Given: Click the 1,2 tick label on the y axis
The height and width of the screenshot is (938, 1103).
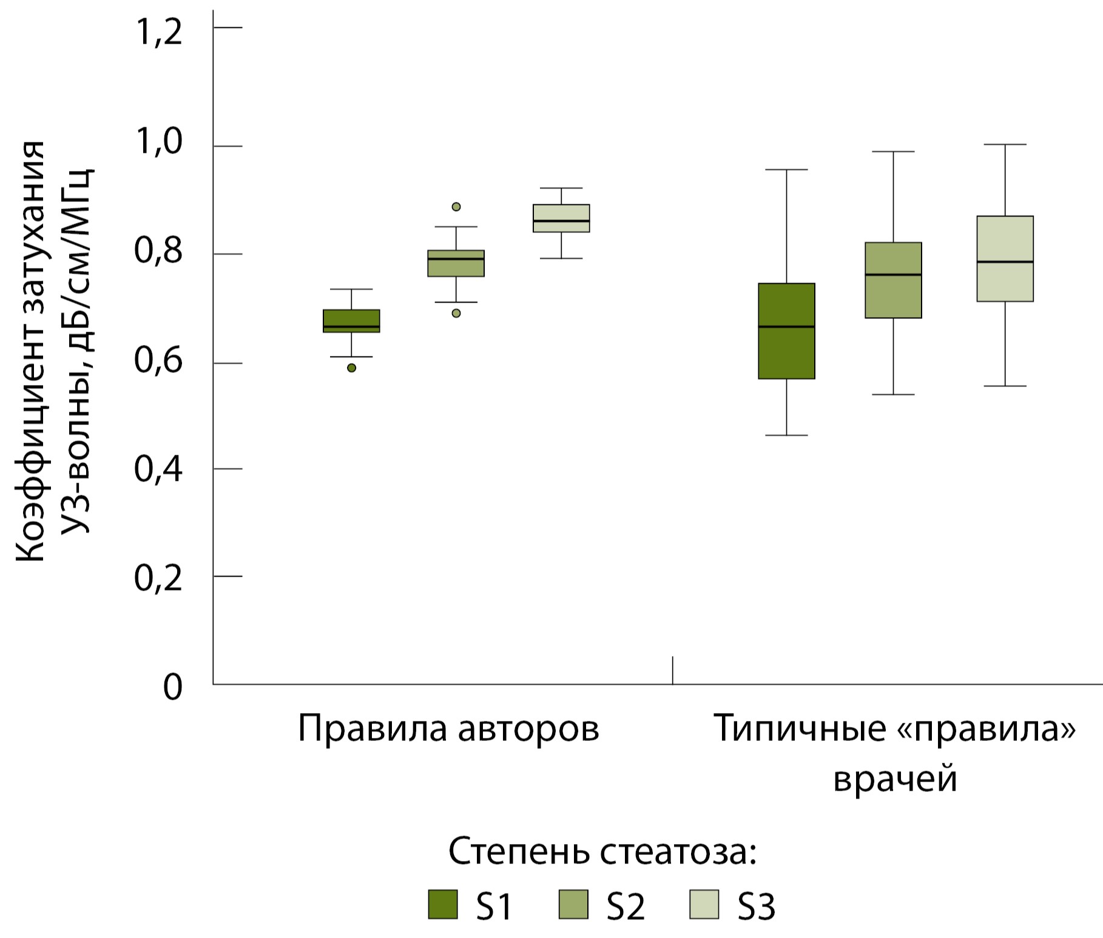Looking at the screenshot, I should click(158, 32).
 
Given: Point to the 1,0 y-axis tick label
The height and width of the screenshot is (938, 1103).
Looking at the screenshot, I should click(158, 142).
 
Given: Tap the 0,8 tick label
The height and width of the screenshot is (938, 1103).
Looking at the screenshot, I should click(158, 251).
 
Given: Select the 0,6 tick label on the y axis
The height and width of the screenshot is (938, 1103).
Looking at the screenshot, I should click(158, 360).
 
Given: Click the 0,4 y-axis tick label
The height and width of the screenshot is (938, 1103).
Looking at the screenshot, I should click(158, 469).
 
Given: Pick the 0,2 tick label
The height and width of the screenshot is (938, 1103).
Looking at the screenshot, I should click(158, 578).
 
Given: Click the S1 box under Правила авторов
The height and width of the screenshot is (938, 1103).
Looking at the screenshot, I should click(351, 321).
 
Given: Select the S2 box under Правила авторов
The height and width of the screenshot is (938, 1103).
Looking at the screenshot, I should click(456, 263).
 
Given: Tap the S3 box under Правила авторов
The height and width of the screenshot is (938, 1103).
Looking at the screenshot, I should click(561, 218).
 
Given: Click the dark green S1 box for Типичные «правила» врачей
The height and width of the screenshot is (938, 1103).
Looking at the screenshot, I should click(786, 331).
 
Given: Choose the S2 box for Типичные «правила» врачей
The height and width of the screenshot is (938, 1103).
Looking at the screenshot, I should click(893, 280).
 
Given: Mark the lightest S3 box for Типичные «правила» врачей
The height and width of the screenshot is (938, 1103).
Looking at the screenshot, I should click(1005, 259).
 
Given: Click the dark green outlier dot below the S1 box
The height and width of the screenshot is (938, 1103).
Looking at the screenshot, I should click(351, 368).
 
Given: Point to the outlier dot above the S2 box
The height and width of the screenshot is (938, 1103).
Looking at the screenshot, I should click(456, 207).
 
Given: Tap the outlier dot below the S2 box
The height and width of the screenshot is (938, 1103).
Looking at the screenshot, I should click(456, 313).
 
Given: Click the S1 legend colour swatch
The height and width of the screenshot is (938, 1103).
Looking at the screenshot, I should click(442, 904).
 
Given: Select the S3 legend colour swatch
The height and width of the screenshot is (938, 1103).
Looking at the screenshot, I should click(704, 904).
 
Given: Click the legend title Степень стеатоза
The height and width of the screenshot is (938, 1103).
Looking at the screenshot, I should click(602, 852).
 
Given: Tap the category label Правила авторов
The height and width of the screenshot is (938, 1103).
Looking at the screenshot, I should click(448, 729).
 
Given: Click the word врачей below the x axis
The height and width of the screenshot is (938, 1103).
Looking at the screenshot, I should click(895, 779).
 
